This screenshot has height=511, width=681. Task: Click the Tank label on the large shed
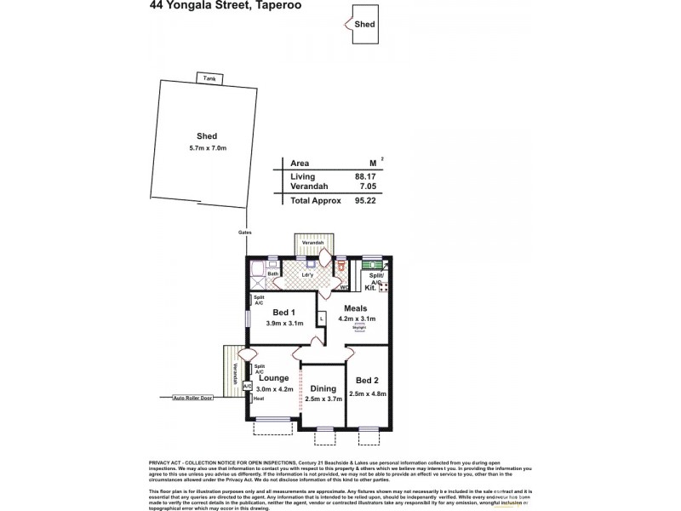[209, 78]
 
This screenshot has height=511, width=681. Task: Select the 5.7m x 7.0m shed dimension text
[207, 149]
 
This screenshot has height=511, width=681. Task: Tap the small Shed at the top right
[365, 25]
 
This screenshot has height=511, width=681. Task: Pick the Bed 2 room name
[368, 380]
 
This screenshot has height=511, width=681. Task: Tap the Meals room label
[356, 307]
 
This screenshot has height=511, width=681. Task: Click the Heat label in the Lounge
[259, 399]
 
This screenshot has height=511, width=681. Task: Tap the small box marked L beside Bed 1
[321, 319]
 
